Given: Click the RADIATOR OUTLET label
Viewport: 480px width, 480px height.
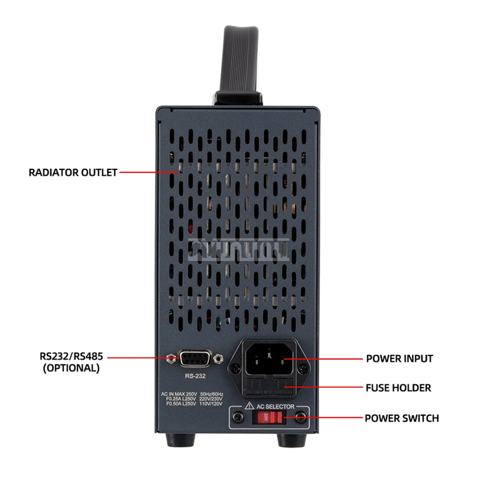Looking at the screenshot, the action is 73,172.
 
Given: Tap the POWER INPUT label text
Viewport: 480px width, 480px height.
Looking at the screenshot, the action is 399,359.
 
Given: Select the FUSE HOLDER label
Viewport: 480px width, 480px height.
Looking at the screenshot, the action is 398,387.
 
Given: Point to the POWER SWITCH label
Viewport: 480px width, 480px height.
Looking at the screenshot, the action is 401,418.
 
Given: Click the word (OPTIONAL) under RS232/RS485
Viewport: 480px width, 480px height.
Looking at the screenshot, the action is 72,369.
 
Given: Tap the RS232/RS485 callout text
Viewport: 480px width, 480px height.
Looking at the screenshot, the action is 72,357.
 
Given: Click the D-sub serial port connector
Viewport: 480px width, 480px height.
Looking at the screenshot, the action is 195,358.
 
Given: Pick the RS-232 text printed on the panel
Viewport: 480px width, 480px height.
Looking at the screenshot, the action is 195,376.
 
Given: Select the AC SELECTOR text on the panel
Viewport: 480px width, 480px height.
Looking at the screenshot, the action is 275,406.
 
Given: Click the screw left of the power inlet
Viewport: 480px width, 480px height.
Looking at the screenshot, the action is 235,369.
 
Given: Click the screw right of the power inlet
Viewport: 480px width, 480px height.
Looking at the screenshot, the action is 303,369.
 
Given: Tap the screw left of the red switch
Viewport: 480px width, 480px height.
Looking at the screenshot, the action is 237,418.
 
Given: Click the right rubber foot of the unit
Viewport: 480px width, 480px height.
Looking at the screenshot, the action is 289,440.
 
